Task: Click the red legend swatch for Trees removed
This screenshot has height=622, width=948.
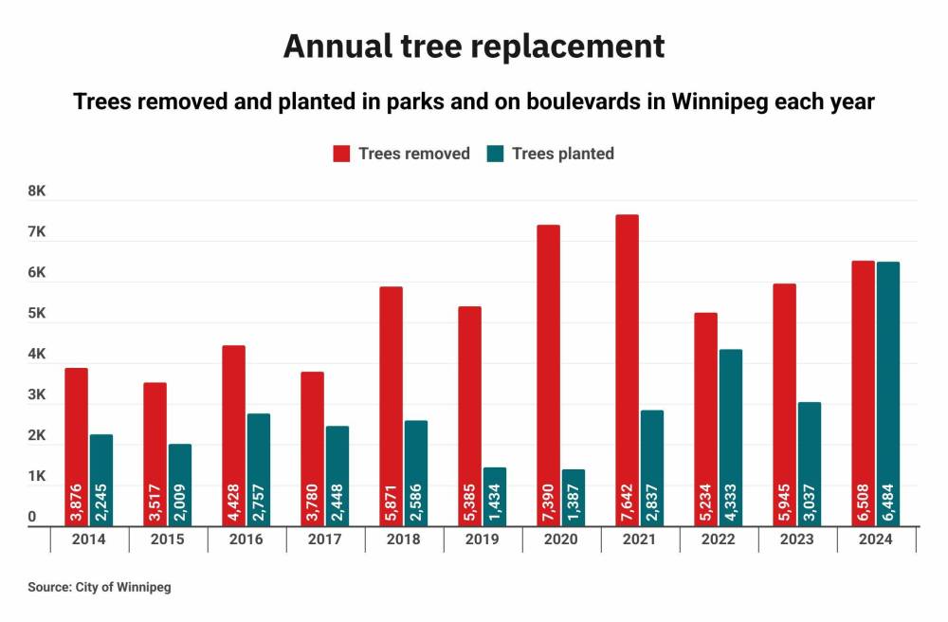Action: pyautogui.click(x=341, y=154)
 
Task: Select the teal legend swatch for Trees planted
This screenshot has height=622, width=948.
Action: pyautogui.click(x=495, y=154)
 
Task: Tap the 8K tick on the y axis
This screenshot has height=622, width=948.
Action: pyautogui.click(x=37, y=192)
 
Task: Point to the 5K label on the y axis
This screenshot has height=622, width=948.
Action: pyautogui.click(x=37, y=314)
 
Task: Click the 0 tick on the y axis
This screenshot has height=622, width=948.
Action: pyautogui.click(x=32, y=518)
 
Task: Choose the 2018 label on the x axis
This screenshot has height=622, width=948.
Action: pyautogui.click(x=404, y=540)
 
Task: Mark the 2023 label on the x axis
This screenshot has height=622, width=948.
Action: pyautogui.click(x=796, y=540)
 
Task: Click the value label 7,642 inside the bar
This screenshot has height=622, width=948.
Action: pyautogui.click(x=627, y=497)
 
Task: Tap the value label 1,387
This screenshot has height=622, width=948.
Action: pyautogui.click(x=573, y=497)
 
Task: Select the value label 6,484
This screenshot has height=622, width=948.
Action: pyautogui.click(x=887, y=497)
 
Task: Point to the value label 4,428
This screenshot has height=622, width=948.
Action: pyautogui.click(x=233, y=497)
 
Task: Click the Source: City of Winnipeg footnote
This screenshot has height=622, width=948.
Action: pyautogui.click(x=100, y=588)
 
